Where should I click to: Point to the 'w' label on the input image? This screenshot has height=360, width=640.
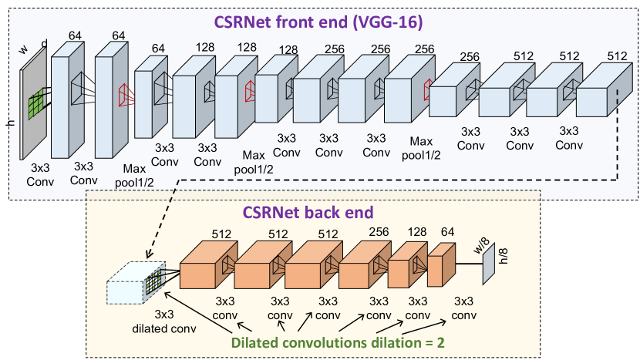click(23, 51)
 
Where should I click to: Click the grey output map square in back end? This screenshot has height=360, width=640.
click(488, 267)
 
